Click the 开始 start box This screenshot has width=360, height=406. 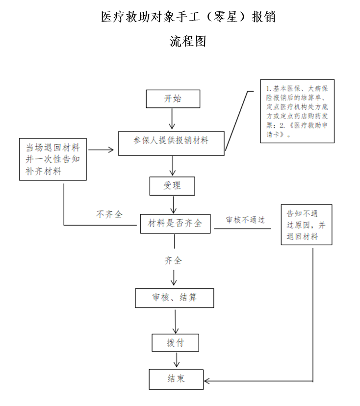pyautogui.click(x=173, y=99)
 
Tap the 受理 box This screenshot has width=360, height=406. pyautogui.click(x=172, y=186)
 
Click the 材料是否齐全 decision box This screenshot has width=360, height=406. pyautogui.click(x=175, y=223)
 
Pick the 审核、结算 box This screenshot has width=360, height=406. pyautogui.click(x=175, y=298)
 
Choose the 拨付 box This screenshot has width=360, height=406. pyautogui.click(x=175, y=341)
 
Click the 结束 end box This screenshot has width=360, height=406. pyautogui.click(x=175, y=379)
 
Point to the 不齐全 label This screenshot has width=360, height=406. pyautogui.click(x=109, y=214)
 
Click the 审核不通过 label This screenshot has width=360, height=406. pyautogui.click(x=245, y=220)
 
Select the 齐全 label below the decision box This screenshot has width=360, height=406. pyautogui.click(x=173, y=260)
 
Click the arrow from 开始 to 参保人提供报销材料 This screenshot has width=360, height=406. pyautogui.click(x=172, y=119)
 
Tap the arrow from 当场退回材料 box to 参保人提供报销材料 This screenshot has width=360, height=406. pyautogui.click(x=103, y=150)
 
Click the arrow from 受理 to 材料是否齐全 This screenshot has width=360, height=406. pyautogui.click(x=173, y=204)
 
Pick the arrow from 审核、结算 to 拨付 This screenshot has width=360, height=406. pyautogui.click(x=175, y=321)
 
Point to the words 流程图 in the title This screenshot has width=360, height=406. pyautogui.click(x=188, y=41)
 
